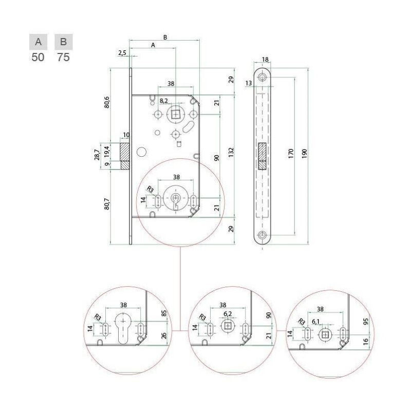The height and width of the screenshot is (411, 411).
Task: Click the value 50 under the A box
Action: point(38,57)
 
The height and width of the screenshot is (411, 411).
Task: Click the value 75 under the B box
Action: point(63,57)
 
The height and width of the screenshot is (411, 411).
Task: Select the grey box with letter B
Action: point(63,42)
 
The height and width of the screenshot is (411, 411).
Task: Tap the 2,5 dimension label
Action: point(122,53)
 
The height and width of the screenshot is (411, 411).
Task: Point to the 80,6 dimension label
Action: point(107,102)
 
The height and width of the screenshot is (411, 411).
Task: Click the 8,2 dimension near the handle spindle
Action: point(163,101)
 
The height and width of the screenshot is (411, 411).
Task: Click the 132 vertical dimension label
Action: point(231,152)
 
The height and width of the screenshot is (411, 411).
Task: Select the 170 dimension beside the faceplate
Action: point(291,153)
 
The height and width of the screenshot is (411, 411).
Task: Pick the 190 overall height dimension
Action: point(304,154)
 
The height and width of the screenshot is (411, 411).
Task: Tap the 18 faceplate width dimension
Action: point(265,60)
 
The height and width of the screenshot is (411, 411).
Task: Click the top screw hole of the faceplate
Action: point(262,77)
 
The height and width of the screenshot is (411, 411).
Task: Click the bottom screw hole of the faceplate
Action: point(262,235)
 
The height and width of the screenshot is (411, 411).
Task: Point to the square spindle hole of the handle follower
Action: point(175,115)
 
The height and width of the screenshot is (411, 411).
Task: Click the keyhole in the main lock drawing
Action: point(175,201)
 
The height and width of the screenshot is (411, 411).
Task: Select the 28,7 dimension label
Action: point(97,155)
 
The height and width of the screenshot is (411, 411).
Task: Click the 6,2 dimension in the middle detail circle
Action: point(228,313)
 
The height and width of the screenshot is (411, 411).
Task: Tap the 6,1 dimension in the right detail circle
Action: point(315,322)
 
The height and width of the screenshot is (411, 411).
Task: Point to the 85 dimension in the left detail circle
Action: point(164,313)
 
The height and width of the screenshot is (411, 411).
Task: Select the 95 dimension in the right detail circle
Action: point(366,322)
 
